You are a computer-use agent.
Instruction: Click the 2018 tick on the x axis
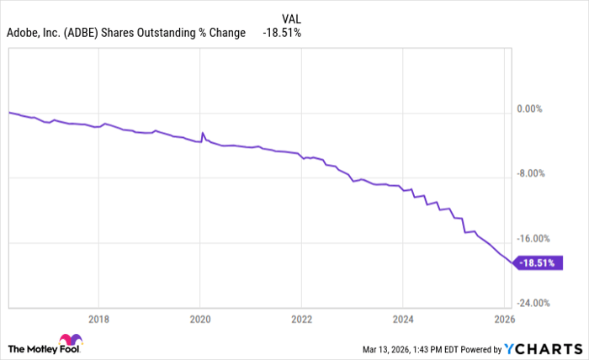[x=98, y=319]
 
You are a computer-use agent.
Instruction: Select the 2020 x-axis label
[x=200, y=319]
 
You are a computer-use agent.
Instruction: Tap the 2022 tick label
[x=301, y=319]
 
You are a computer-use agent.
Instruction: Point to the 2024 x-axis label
[x=402, y=319]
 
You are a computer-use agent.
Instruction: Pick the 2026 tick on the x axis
[x=502, y=319]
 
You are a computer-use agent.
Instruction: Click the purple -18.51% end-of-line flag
[x=539, y=263]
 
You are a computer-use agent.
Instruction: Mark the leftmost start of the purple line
[x=8, y=112]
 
